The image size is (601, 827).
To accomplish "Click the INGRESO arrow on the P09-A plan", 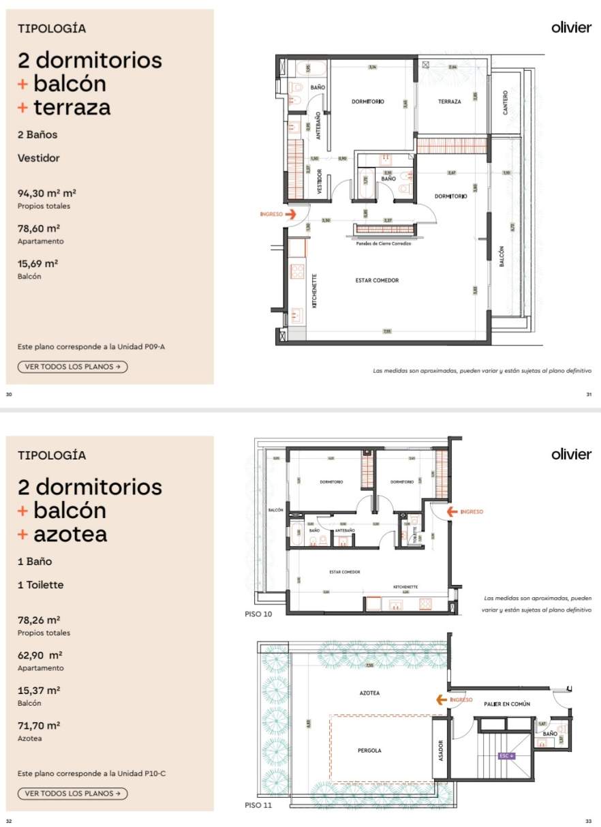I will tap(290, 213).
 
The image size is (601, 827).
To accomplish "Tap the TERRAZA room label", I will tap(450, 102).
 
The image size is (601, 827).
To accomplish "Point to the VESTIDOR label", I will tap(319, 181).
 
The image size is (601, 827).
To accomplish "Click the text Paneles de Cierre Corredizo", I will tap(384, 243).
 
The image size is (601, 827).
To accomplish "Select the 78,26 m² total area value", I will tap(39, 620).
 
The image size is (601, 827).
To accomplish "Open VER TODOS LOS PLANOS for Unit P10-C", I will tap(72, 794).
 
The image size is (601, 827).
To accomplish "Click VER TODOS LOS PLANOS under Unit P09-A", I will tap(72, 367).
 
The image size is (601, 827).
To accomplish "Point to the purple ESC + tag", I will tap(506, 755).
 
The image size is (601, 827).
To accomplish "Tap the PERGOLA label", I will tap(369, 751).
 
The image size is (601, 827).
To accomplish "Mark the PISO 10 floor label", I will tap(258, 614).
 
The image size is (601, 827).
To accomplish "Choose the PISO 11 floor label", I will tap(258, 805).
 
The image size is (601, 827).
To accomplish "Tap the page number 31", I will tap(589, 394).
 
